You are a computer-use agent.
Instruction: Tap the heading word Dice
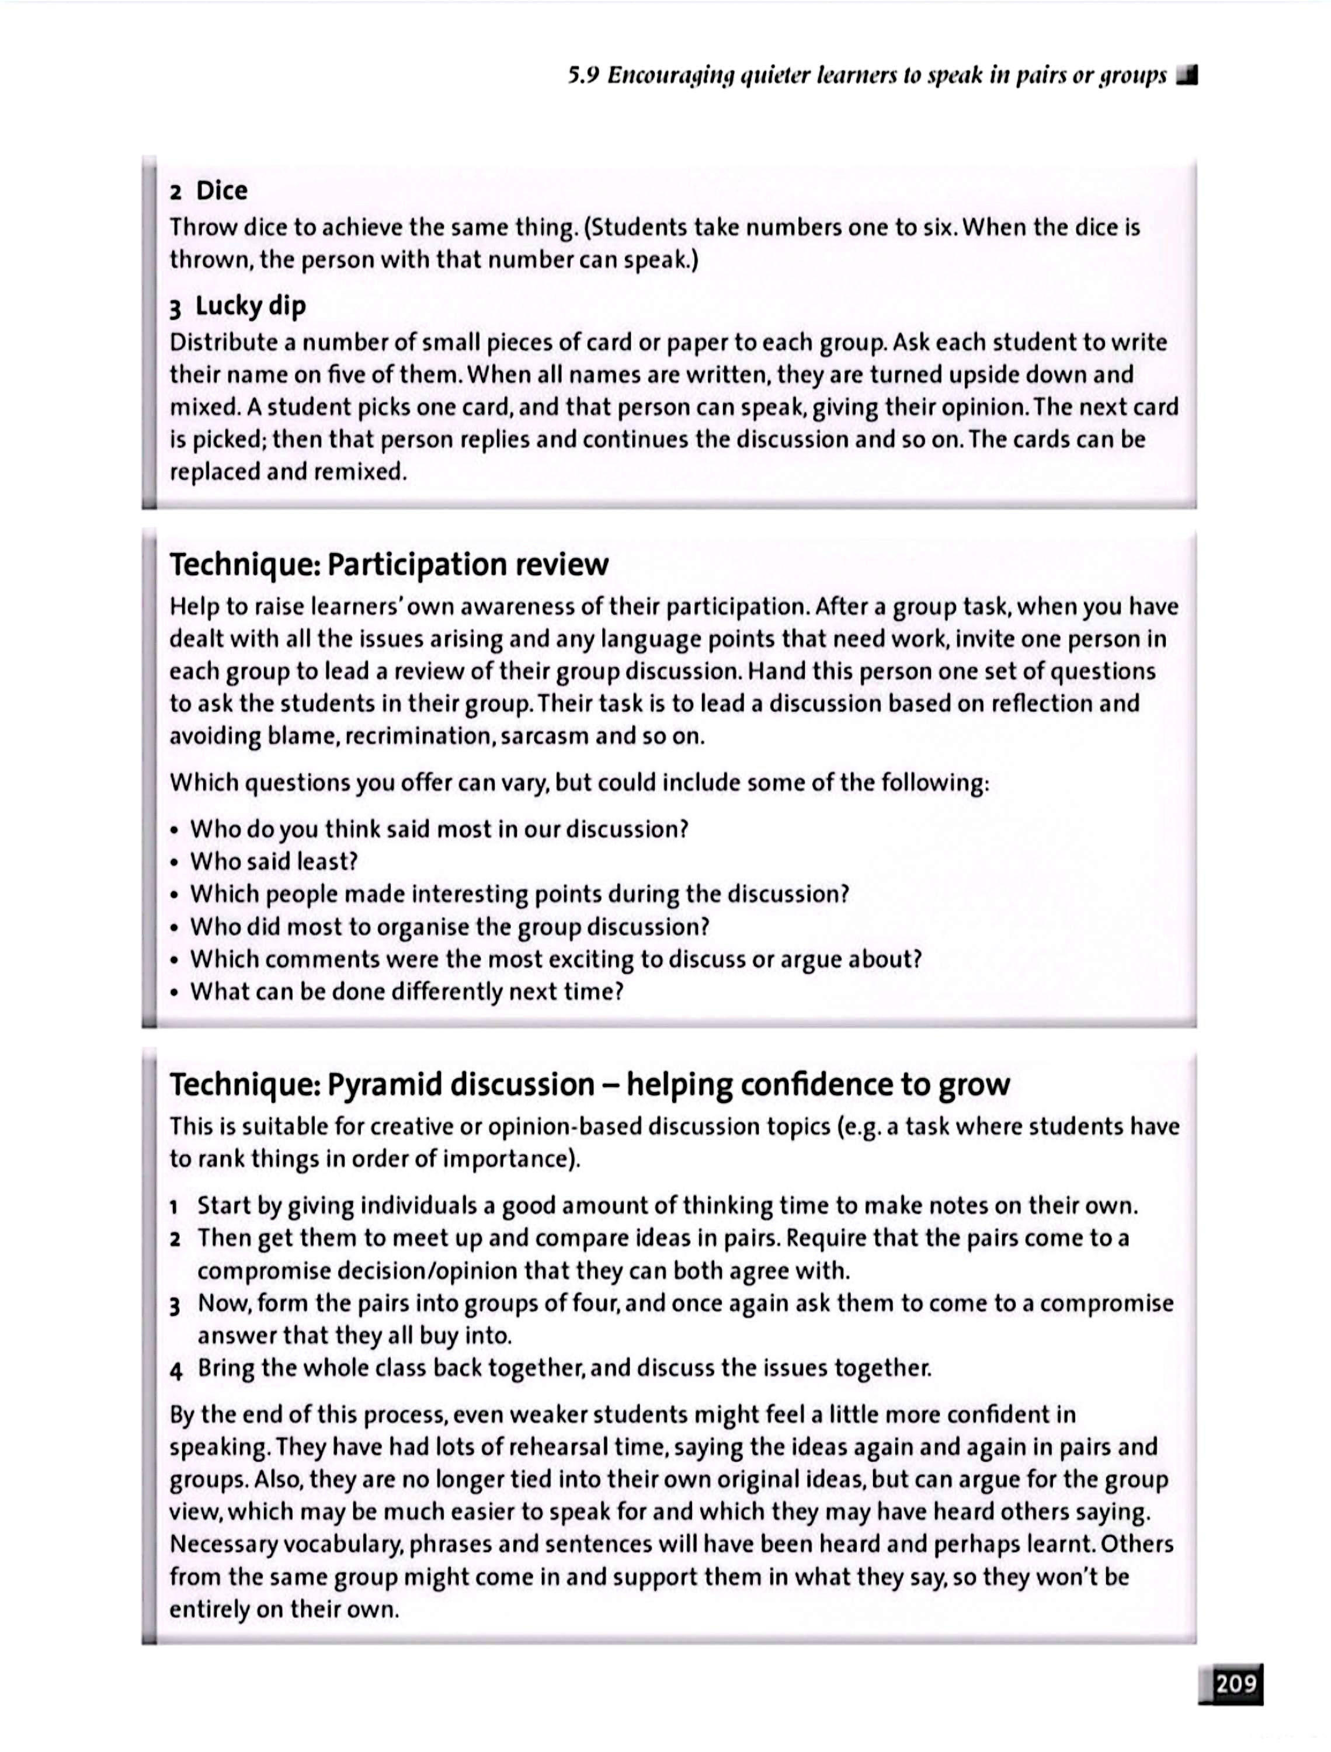click(222, 191)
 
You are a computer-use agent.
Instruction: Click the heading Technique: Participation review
click(389, 565)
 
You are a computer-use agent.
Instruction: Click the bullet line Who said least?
click(274, 862)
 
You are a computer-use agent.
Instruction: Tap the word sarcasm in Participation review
click(544, 736)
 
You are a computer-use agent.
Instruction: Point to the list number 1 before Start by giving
click(174, 1208)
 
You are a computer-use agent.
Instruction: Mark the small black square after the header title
click(1187, 76)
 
